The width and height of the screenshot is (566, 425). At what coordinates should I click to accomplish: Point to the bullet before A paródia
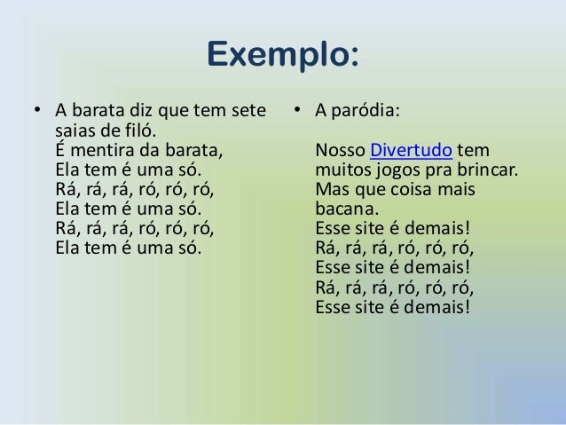[x=301, y=112]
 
